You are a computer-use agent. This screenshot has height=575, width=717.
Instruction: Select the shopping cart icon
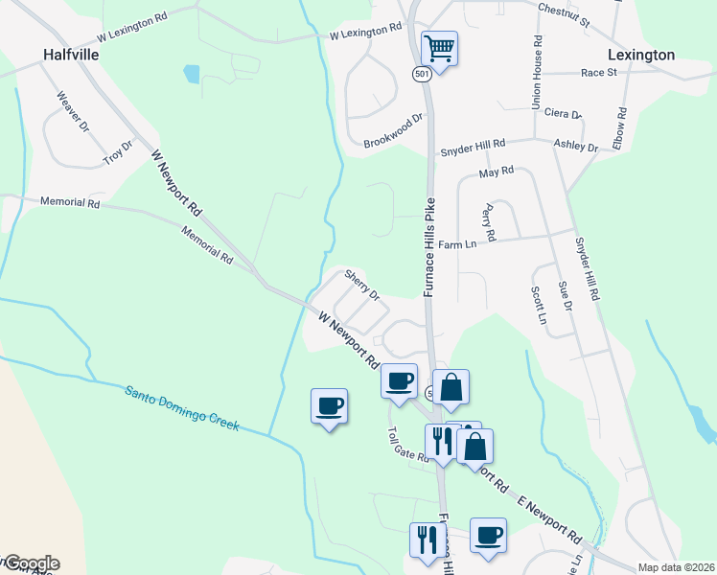[x=439, y=48]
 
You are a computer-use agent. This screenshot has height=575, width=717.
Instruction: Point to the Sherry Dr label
[x=362, y=284]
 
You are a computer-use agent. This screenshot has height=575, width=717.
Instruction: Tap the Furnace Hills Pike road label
[x=429, y=247]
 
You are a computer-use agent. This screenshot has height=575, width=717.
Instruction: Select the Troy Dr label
[x=119, y=150]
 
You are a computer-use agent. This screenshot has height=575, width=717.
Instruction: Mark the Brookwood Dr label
[x=393, y=131]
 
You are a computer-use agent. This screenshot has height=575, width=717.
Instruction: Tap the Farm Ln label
[x=457, y=244]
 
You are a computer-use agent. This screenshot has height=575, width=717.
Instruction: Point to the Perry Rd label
[x=490, y=221]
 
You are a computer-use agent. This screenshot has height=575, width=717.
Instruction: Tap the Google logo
[x=31, y=563]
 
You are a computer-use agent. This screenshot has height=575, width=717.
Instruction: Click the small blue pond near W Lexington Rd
[x=192, y=73]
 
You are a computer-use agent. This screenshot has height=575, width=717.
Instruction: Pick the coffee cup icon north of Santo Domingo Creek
[x=329, y=406]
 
